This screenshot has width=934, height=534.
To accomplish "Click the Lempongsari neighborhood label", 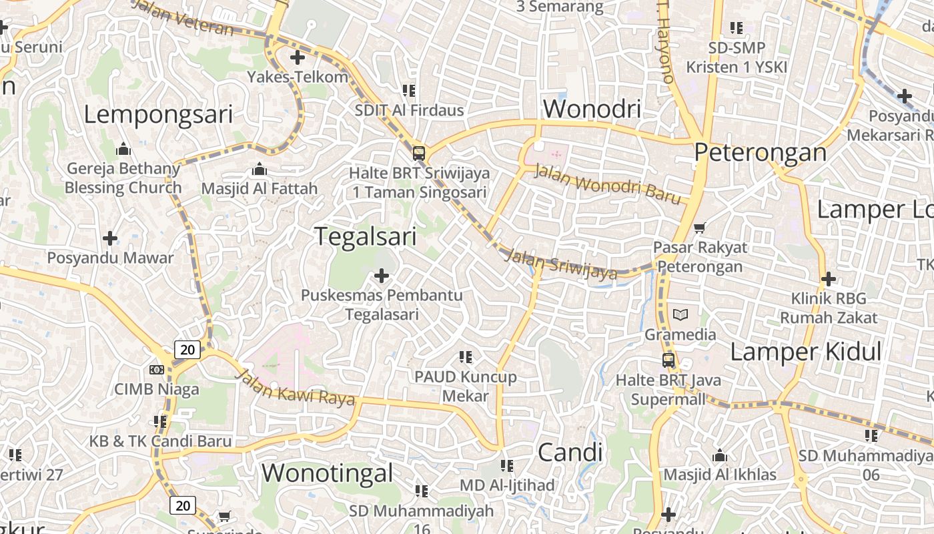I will tap(158, 115).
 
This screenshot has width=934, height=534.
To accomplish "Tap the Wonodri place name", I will tap(592, 109).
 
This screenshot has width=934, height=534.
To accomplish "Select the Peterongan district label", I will tap(760, 153).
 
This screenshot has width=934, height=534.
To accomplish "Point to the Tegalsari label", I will tap(365, 236).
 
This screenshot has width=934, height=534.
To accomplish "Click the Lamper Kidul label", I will tap(806, 352).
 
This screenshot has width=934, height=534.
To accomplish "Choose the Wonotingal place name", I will tap(327, 473).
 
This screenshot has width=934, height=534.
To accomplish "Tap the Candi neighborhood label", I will tap(570, 453).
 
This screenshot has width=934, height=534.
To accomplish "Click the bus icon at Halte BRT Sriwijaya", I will tap(419, 153).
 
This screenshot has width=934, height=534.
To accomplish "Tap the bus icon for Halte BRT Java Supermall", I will tap(668, 360).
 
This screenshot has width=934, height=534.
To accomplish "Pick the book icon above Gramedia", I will tap(680, 314).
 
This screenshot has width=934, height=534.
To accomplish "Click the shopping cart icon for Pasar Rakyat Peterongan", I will tap(699, 228).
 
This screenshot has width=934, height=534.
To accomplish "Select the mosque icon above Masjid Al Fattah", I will tap(259, 169).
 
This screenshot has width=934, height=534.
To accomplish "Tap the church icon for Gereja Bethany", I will tap(123, 148).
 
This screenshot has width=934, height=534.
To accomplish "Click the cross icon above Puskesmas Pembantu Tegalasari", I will tap(382, 275).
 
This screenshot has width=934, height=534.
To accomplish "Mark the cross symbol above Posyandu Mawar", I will tap(110, 238).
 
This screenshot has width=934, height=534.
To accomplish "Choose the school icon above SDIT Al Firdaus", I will tap(408, 90).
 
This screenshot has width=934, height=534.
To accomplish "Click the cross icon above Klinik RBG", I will tap(828, 278).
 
